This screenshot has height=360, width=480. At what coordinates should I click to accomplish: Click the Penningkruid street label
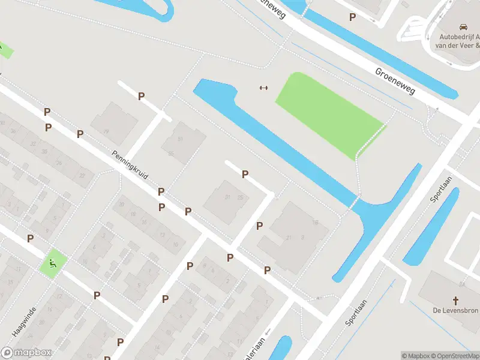130,165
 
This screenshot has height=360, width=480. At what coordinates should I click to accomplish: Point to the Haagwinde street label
24,321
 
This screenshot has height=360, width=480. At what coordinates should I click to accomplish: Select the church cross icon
455,299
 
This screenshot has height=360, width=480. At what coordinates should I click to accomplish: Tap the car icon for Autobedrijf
463,28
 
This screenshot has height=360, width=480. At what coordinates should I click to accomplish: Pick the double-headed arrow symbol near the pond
263,88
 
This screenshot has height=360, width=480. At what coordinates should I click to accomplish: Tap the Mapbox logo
26,353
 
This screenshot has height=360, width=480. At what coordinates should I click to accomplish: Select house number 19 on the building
106,131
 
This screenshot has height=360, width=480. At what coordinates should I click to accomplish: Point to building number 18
314,223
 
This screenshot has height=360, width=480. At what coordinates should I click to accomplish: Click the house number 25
240,197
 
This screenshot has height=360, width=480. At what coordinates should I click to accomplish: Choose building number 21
289,238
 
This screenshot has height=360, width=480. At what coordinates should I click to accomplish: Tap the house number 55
171,154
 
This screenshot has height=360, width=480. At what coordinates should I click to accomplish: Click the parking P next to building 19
141,96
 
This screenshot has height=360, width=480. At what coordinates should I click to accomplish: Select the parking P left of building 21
260,226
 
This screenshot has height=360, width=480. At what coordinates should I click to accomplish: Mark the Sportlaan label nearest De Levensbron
355,313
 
